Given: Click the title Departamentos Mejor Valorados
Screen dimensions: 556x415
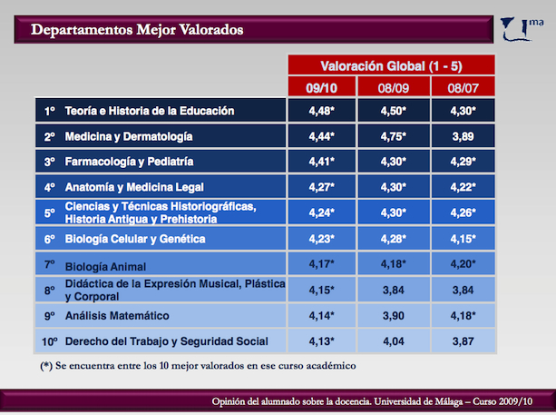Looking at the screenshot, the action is [137, 30].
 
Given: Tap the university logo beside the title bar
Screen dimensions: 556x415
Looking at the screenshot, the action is [522, 29].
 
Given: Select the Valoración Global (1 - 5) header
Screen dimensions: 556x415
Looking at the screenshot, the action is [391, 66].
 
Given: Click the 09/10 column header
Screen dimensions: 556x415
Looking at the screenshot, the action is [322, 88].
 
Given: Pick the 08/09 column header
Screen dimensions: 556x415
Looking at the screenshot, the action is [394, 88].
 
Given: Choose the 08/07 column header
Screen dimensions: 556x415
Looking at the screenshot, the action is [463, 88].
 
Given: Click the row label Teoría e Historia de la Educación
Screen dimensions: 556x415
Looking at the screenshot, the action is [150, 111].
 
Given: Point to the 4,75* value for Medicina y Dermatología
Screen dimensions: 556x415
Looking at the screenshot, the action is [394, 137].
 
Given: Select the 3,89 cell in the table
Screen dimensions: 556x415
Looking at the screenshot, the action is [463, 137].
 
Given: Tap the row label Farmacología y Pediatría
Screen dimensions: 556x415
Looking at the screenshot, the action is [129, 162].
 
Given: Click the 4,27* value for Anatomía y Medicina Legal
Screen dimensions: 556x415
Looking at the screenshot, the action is [322, 187].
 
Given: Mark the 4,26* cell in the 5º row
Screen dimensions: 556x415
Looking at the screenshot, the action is [463, 212].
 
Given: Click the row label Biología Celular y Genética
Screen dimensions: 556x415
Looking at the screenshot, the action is [135, 239].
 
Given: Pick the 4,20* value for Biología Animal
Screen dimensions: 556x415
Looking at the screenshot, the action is [463, 263].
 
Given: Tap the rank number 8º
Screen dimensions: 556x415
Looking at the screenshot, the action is [50, 291].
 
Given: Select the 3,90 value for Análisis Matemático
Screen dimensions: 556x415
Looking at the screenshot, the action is [394, 316].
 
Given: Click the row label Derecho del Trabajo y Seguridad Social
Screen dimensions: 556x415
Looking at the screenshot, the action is [167, 341].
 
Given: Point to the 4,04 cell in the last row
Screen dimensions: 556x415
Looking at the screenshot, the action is [394, 341].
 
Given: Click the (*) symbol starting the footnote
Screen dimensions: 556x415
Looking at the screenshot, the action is [46, 366].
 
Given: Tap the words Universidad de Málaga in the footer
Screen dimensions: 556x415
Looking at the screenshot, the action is [418, 401].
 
